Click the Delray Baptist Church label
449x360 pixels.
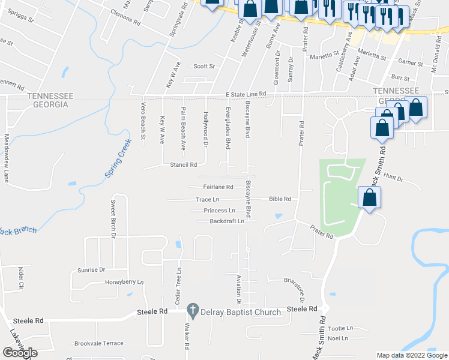point(242,312)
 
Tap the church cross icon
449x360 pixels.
point(193,311)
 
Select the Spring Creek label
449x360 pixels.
point(118,163)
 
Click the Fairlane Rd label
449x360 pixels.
point(218,187)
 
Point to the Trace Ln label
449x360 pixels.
point(208,199)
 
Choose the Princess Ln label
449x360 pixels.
point(219,211)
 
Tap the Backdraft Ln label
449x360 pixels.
point(227,221)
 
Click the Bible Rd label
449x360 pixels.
point(280,199)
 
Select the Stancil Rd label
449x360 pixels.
point(184,164)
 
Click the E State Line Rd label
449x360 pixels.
point(246,95)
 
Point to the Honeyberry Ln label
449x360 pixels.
point(125,282)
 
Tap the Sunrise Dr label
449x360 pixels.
point(91,270)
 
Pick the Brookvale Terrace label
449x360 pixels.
point(99,344)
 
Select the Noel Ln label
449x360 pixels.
point(338,338)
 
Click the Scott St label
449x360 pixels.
point(203,67)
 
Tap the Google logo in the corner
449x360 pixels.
point(20,353)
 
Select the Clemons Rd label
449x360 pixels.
point(125,21)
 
